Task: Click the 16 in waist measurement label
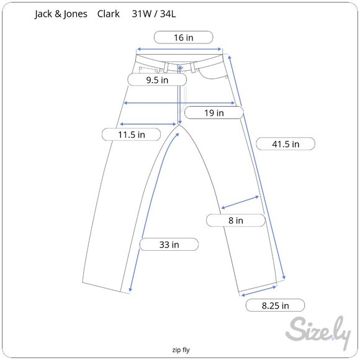[x=183, y=38]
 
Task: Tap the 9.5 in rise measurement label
[x=157, y=80]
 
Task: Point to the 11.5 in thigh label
[x=132, y=134]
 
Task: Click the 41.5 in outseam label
[x=286, y=144]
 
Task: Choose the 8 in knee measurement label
[x=235, y=220]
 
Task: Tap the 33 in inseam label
[x=169, y=245]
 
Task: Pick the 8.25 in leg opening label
[x=275, y=305]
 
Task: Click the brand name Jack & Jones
[x=61, y=14]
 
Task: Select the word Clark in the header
[x=109, y=14]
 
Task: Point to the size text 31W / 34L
[x=157, y=14]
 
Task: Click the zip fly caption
[x=181, y=349]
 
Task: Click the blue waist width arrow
[x=179, y=49]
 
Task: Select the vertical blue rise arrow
[x=180, y=99]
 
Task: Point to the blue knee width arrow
[x=240, y=203]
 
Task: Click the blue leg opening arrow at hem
[x=258, y=290]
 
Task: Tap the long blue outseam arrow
[x=258, y=168]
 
